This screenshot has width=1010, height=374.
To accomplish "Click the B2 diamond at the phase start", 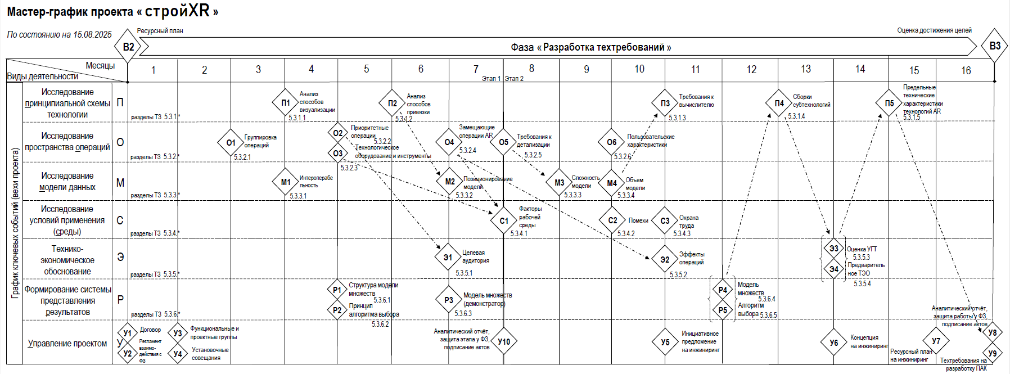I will point(128,47).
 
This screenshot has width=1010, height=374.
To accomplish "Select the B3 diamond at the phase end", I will point(995,46).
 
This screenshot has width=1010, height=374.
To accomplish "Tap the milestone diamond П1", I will point(286,103).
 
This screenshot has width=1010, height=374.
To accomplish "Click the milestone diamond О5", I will point(503,142).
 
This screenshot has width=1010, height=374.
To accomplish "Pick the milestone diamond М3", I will point(559,183).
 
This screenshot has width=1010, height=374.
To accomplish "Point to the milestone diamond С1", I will point(504,221).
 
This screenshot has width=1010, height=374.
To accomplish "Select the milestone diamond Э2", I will point(665,259).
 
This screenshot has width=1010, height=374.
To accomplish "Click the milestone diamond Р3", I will point(449,300).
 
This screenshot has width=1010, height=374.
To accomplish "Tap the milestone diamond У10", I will point(504,341).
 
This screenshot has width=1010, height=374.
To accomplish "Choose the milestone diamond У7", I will point(936,341).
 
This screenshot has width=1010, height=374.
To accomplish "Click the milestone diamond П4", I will point(779,103).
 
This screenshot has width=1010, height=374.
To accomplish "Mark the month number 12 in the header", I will point(751,70).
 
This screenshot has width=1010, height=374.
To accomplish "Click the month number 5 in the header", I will point(366,69).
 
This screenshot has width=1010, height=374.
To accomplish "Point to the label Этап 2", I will point(514,79).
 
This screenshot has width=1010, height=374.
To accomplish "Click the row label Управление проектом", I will point(67,343).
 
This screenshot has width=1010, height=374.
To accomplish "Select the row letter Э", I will point(120,257).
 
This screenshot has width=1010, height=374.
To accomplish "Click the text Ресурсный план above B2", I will point(160,31).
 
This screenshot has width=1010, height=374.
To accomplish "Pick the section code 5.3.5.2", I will point(678,274).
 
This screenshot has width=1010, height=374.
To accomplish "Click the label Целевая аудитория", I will point(475,256).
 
